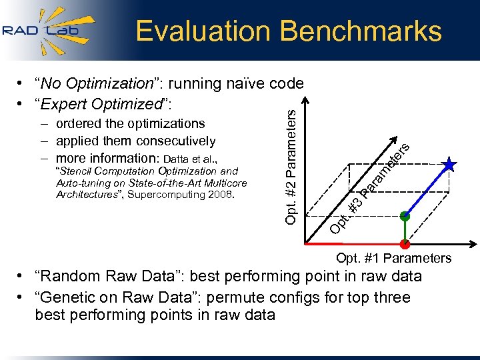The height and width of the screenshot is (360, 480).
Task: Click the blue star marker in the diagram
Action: [450, 164]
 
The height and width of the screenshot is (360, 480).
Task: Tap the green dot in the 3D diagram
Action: [404, 216]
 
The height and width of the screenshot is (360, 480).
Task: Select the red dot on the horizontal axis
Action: [404, 243]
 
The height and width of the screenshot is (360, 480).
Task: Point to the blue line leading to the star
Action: [427, 190]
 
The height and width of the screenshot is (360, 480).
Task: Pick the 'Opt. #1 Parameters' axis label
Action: [393, 258]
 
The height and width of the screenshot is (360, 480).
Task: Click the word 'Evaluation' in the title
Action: [203, 31]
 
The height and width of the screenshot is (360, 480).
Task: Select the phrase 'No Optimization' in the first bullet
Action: [97, 83]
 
